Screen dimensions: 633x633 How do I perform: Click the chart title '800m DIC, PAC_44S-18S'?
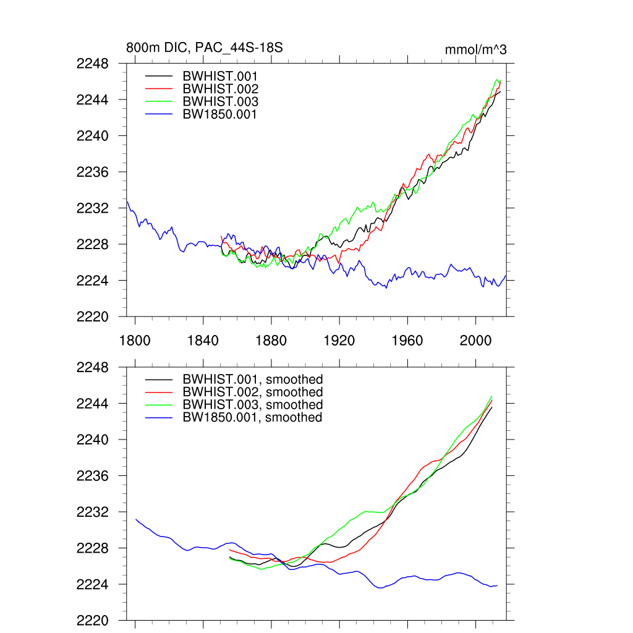[x=205, y=48]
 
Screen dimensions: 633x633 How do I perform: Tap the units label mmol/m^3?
[x=475, y=49]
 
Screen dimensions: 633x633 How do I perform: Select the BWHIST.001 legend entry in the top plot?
[x=220, y=77]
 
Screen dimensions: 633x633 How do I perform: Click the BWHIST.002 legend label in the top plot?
[x=220, y=89]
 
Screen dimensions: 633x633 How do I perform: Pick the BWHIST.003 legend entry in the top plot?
[x=220, y=101]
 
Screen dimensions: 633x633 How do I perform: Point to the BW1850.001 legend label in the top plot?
[x=220, y=114]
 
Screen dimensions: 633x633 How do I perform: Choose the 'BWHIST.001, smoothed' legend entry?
[x=253, y=380]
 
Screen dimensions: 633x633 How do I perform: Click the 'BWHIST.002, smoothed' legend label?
[x=253, y=392]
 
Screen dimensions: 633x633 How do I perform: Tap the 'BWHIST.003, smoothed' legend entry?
[x=253, y=404]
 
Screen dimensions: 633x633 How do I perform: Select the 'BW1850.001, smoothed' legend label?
[x=253, y=417]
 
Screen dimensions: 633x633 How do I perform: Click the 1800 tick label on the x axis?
[x=135, y=341]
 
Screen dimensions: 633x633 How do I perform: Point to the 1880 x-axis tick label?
[x=271, y=341]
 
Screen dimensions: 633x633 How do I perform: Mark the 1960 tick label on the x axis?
[x=407, y=341]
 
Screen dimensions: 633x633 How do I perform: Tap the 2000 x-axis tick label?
[x=475, y=341]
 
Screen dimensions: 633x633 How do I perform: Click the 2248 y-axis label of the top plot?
[x=93, y=64]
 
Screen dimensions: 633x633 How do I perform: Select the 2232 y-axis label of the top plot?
[x=93, y=208]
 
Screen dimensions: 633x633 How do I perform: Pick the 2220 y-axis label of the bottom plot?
[x=93, y=621]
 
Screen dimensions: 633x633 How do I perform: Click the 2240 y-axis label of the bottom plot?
[x=93, y=440]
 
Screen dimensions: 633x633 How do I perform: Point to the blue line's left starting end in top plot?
[x=127, y=201]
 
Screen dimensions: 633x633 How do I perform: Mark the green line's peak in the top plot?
[x=497, y=79]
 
